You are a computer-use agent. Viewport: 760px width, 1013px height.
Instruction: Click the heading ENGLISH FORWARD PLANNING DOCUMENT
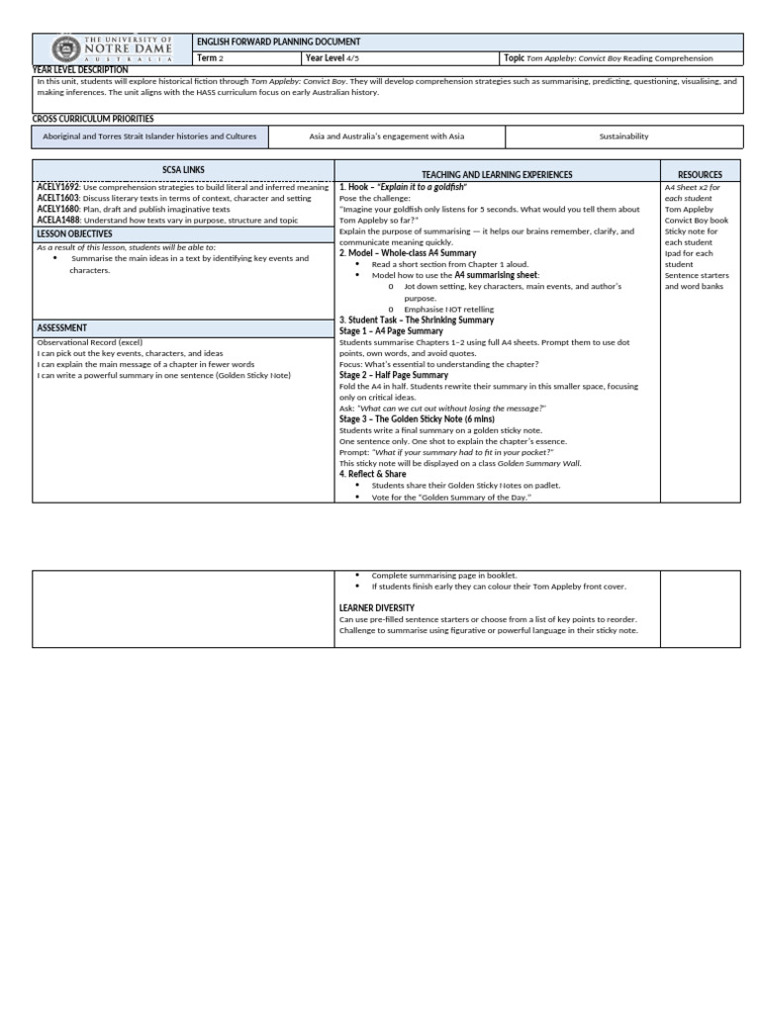pos(278,42)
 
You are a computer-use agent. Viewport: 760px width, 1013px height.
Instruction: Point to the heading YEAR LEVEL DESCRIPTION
pos(80,70)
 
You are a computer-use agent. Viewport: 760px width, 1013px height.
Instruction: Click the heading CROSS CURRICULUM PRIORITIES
pos(93,119)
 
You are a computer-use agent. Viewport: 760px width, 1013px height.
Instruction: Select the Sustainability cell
pos(623,136)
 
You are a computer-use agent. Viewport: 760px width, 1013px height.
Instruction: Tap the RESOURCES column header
pos(699,174)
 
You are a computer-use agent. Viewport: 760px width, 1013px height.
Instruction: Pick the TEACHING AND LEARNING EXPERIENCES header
pos(497,174)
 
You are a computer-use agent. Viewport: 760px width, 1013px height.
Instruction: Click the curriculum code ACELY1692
pos(58,186)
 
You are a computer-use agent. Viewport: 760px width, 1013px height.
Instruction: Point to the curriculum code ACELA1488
pos(58,222)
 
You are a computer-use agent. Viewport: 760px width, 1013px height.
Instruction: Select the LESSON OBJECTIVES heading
pos(75,233)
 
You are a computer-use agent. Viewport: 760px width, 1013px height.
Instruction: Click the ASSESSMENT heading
pos(61,327)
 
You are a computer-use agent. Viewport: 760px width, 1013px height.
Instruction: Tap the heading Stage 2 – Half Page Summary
pos(393,375)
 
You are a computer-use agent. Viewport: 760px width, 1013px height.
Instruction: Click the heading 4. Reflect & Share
pos(373,474)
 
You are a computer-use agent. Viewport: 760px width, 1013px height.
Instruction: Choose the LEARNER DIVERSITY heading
pos(377,607)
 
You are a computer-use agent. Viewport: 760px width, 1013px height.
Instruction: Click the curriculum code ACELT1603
pos(58,198)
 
